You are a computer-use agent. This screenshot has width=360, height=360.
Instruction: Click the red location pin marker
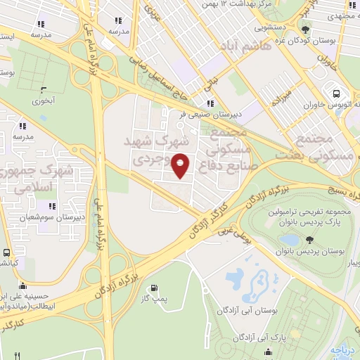(181, 165)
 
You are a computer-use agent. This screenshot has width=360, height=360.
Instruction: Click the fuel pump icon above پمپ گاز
(155, 288)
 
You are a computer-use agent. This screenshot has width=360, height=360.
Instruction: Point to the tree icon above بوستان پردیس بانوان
(310, 240)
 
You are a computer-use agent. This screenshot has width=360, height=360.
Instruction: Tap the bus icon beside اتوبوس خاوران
(336, 94)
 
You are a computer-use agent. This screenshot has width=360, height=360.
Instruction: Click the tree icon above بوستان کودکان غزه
(304, 30)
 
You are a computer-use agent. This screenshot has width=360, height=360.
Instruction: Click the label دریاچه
(345, 349)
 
